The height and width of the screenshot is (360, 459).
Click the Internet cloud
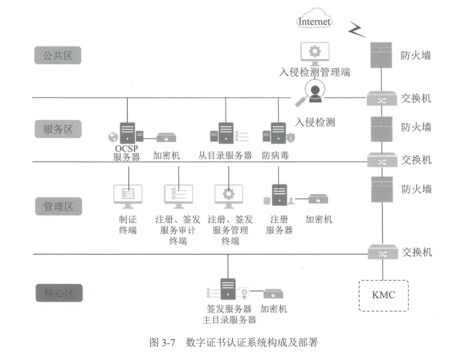(314, 21)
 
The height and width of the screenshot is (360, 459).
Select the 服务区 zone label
(58, 130)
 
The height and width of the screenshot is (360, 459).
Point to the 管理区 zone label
(58, 205)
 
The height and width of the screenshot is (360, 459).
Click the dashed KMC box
(383, 295)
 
